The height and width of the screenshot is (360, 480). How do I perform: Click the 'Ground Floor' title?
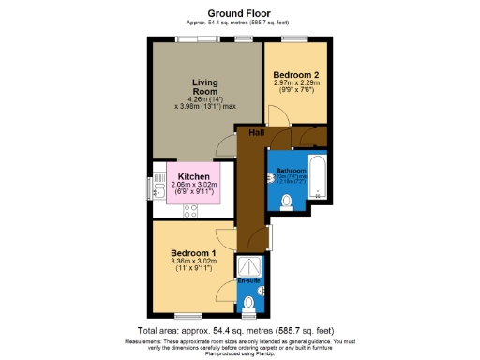(239, 13)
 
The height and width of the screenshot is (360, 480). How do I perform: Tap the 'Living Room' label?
(199, 86)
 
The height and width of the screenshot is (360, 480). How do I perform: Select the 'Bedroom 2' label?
(296, 74)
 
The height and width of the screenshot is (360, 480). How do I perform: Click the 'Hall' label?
(254, 134)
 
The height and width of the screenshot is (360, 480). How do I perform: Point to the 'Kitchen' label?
(194, 176)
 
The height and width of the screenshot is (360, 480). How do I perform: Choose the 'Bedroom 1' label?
(193, 253)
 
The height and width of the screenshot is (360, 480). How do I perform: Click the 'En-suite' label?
(247, 279)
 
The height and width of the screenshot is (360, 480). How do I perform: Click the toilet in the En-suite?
(248, 304)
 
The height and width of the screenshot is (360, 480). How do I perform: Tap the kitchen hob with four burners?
(191, 209)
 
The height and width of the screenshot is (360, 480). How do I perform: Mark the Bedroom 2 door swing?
(277, 115)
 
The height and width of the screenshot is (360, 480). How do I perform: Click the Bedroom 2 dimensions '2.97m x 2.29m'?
(296, 83)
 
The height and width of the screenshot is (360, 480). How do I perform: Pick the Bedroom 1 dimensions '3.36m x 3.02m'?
(193, 262)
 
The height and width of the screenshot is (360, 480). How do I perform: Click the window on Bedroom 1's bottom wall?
(192, 316)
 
